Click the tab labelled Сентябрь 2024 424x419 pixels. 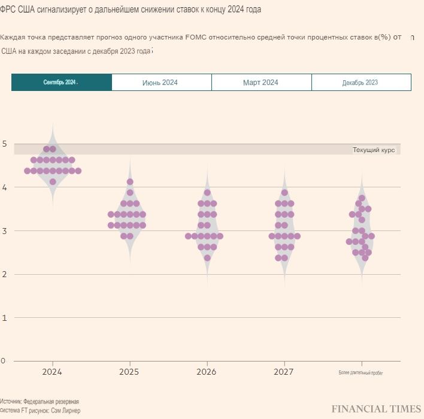pyautogui.click(x=61, y=82)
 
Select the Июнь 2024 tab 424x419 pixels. pyautogui.click(x=160, y=82)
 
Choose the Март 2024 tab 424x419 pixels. pyautogui.click(x=261, y=82)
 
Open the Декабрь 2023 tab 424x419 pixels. pyautogui.click(x=361, y=82)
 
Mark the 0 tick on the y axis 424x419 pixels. pyautogui.click(x=4, y=361)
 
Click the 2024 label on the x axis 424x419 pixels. pyautogui.click(x=53, y=372)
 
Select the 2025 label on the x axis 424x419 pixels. pyautogui.click(x=129, y=372)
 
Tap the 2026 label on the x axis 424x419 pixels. pyautogui.click(x=207, y=372)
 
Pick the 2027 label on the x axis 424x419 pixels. pyautogui.click(x=284, y=372)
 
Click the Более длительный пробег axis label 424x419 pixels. pyautogui.click(x=361, y=373)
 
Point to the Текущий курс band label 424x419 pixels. pyautogui.click(x=374, y=150)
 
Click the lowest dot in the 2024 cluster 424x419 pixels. pyautogui.click(x=53, y=181)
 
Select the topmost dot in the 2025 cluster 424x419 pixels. pyautogui.click(x=130, y=181)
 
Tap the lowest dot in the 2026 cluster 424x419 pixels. pyautogui.click(x=207, y=258)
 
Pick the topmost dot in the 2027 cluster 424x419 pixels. pyautogui.click(x=284, y=193)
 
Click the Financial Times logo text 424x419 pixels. pyautogui.click(x=376, y=409)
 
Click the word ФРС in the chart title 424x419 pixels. pyautogui.click(x=9, y=10)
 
